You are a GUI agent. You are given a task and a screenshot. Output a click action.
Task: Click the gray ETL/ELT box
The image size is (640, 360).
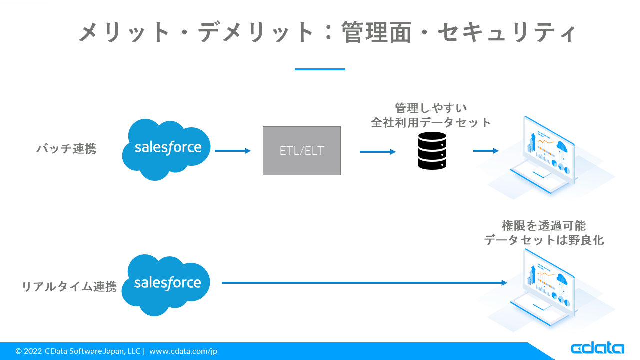coord(302,151)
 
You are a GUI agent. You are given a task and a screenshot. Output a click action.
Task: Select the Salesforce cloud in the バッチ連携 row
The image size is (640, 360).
coord(167,149)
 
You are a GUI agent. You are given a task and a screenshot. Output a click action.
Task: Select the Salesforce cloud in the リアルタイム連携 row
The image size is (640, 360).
coord(167,284)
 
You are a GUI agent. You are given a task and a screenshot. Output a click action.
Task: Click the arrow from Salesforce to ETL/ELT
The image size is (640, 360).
coord(233,151)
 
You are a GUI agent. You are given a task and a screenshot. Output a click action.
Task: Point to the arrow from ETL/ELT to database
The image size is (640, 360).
coord(378,151)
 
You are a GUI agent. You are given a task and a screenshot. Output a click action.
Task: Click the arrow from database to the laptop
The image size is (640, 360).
coord(486,151)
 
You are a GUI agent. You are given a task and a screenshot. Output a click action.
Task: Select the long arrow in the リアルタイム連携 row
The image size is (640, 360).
coord(364,283)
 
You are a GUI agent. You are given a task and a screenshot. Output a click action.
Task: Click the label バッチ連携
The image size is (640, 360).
coord(66,149)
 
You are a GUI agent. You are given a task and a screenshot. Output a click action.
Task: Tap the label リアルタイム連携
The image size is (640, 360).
coord(69,287)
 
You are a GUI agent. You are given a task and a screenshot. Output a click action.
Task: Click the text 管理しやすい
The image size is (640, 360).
coord(431,108)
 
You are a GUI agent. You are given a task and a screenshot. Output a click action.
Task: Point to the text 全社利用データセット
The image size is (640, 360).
coord(431,122)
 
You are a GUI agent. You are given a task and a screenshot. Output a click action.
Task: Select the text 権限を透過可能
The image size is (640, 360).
coord(544,225)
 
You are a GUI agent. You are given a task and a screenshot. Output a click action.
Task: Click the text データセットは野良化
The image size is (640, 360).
coord(544,240)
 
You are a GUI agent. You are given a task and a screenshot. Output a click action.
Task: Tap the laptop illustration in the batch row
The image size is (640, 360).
coord(547,155)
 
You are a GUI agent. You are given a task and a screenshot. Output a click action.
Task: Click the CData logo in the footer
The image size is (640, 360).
coord(597,348)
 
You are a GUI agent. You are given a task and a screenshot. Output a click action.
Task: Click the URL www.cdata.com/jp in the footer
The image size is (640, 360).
coord(183,351)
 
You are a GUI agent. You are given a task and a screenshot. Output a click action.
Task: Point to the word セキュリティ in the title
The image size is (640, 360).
coord(507,33)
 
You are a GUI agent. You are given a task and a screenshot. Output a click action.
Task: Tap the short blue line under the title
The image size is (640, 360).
coord(320,69)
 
